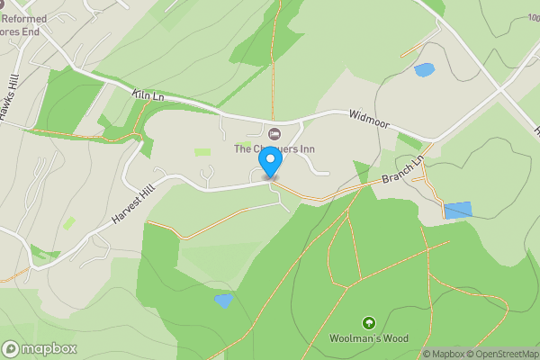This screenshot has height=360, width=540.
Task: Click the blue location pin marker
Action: pyautogui.click(x=270, y=162)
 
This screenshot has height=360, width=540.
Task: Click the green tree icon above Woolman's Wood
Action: pyautogui.click(x=368, y=323)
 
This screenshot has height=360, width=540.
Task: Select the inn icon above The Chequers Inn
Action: pyautogui.click(x=265, y=134)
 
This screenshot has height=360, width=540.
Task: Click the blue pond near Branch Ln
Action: pyautogui.click(x=457, y=211)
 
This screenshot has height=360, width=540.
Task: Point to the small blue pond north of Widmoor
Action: pyautogui.click(x=424, y=69)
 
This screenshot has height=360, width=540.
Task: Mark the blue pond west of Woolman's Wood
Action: pyautogui.click(x=223, y=301)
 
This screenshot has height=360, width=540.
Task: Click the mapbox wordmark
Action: pyautogui.click(x=49, y=348)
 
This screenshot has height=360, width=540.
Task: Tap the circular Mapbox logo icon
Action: pyautogui.click(x=11, y=348)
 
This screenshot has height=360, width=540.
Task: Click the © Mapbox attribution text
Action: pyautogui.click(x=444, y=354)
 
